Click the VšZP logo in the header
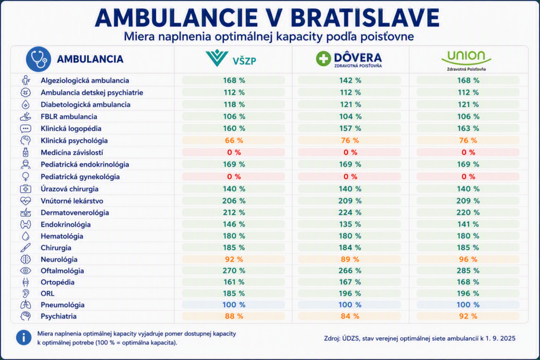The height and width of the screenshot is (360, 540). pyautogui.click(x=231, y=58)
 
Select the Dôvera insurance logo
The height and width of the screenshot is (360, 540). pyautogui.click(x=349, y=59)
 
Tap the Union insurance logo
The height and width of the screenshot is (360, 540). pyautogui.click(x=466, y=60)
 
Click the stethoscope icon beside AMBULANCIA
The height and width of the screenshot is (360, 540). pyautogui.click(x=38, y=59)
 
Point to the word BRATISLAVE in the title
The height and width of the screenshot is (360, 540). pyautogui.click(x=365, y=17)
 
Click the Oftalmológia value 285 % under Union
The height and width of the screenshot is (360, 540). pyautogui.click(x=467, y=271)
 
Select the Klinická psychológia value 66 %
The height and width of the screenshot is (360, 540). pyautogui.click(x=234, y=141)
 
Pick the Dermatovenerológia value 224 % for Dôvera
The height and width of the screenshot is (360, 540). pyautogui.click(x=350, y=213)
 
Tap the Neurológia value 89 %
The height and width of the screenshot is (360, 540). pyautogui.click(x=350, y=260)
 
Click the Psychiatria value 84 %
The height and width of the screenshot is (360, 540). pyautogui.click(x=350, y=316)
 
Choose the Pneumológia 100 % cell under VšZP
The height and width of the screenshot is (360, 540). pyautogui.click(x=234, y=305)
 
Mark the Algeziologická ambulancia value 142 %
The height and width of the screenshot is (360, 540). pyautogui.click(x=350, y=81)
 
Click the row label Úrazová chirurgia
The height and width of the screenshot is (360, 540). pyautogui.click(x=70, y=189)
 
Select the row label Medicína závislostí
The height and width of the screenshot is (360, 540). pyautogui.click(x=72, y=153)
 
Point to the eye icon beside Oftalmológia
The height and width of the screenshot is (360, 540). pyautogui.click(x=26, y=271)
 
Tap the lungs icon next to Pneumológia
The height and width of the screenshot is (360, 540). pyautogui.click(x=26, y=305)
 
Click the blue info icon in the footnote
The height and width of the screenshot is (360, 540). pyautogui.click(x=23, y=337)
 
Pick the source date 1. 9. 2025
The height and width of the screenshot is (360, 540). pyautogui.click(x=501, y=339)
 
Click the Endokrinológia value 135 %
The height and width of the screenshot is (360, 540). pyautogui.click(x=350, y=225)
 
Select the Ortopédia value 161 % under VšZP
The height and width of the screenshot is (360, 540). pyautogui.click(x=234, y=282)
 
